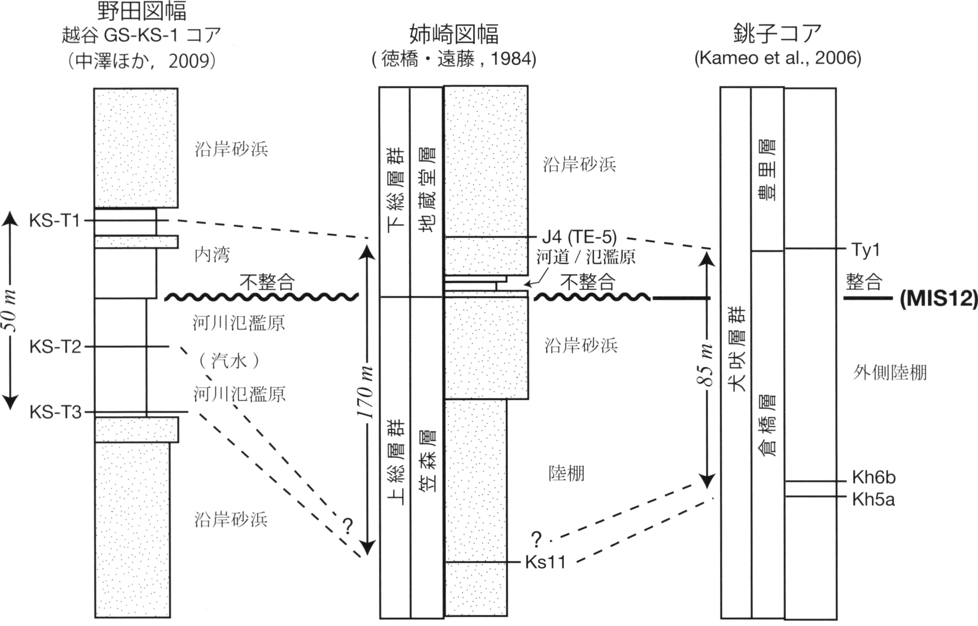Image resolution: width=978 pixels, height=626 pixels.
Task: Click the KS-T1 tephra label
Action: (54, 221)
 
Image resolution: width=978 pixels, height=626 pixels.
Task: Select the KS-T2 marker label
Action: (55, 346)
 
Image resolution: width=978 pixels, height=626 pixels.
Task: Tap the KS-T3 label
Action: (55, 412)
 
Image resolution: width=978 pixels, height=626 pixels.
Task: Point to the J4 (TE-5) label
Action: (579, 237)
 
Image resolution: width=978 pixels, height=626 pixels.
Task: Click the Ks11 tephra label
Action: (545, 562)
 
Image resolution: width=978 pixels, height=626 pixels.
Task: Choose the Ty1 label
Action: (866, 250)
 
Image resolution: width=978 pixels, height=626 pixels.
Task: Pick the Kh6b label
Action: (874, 477)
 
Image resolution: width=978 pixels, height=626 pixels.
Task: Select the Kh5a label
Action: (873, 499)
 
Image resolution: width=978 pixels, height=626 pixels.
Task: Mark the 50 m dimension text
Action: (11, 311)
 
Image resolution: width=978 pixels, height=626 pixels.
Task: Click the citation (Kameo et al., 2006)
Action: (778, 57)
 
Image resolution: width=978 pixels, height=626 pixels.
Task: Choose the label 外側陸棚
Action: (890, 372)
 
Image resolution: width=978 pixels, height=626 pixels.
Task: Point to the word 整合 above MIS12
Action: (864, 282)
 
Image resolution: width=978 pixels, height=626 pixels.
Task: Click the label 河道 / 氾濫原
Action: (586, 256)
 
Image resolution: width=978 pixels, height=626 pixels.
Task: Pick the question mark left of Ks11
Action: (536, 540)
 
